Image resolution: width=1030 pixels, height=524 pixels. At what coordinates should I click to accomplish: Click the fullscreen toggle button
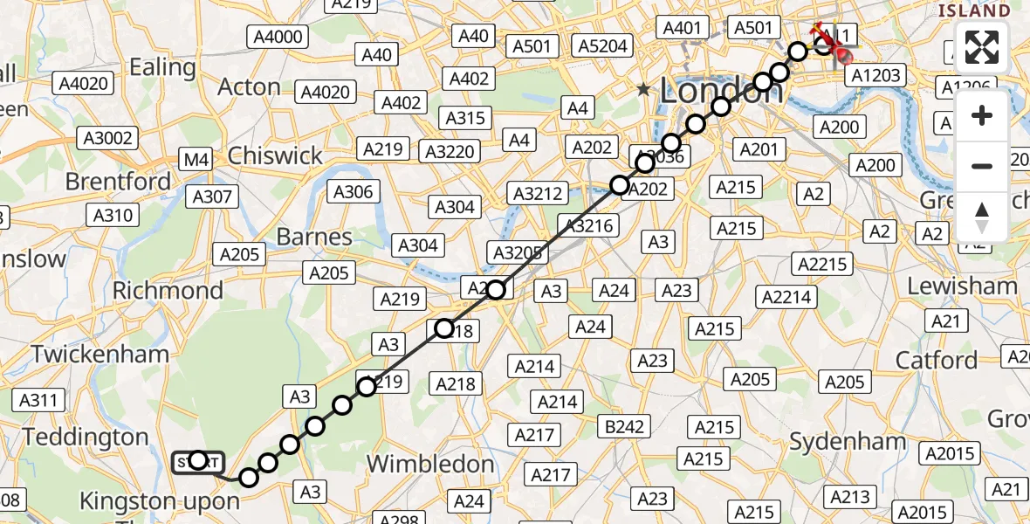click(982, 48)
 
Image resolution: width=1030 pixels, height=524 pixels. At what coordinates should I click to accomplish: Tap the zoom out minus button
click(982, 166)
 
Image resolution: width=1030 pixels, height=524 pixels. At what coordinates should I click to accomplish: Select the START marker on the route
click(198, 461)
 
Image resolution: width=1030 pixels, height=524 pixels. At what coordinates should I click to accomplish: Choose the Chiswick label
click(275, 156)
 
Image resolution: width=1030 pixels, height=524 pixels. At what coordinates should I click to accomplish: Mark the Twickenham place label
click(100, 355)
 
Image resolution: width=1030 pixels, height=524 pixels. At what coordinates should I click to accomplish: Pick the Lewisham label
click(962, 286)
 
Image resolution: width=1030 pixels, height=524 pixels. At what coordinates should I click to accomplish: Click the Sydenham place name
click(848, 442)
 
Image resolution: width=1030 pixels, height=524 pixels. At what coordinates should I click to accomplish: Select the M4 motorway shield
click(195, 160)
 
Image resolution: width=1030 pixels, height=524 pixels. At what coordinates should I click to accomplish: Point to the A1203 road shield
click(875, 76)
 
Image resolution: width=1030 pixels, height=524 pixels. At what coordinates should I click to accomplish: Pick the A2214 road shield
click(787, 298)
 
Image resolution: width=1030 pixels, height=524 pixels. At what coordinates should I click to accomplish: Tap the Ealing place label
click(162, 66)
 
